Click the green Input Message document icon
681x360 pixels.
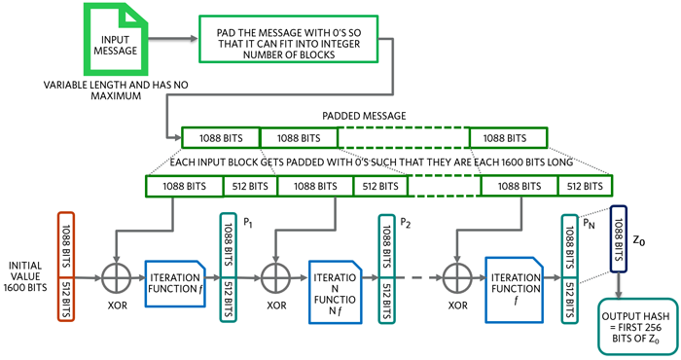(x=116, y=39)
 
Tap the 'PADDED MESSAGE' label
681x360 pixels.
(x=364, y=116)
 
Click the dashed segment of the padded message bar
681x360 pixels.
(x=404, y=137)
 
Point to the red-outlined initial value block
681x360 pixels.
(x=66, y=267)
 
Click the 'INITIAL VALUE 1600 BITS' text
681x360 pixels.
(x=25, y=276)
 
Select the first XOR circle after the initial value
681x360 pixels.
(x=116, y=278)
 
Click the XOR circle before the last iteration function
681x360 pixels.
(x=457, y=278)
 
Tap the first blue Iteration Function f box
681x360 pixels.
(x=174, y=283)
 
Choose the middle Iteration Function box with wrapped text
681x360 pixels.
(x=335, y=292)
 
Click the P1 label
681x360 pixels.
(x=248, y=223)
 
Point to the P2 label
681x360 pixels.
(x=406, y=223)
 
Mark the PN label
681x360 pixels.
(x=589, y=224)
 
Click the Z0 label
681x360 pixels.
(x=639, y=240)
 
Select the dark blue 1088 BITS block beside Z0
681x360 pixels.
(x=619, y=238)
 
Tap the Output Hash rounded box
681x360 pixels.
(x=637, y=327)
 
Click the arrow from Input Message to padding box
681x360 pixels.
(x=173, y=39)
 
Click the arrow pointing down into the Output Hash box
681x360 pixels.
(x=619, y=285)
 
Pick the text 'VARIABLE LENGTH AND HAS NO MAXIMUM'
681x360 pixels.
(x=116, y=90)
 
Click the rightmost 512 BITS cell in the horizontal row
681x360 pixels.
(x=585, y=186)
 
